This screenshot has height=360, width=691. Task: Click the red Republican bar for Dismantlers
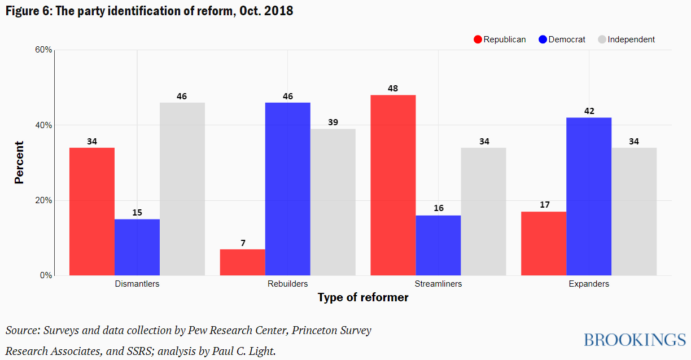(91, 212)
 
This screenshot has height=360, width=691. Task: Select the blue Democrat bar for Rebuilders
(287, 189)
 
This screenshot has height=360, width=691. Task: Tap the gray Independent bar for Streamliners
(483, 212)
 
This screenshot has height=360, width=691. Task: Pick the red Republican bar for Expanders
(544, 243)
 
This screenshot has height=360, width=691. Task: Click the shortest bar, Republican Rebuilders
(242, 262)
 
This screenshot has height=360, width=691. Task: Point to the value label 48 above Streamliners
(393, 89)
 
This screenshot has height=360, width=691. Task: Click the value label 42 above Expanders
(589, 111)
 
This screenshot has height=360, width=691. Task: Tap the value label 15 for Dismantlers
(137, 213)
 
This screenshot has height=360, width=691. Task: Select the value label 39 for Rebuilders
(333, 122)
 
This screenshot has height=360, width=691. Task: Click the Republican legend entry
(500, 39)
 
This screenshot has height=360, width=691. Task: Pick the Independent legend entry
(626, 39)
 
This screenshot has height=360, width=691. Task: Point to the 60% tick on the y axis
(44, 50)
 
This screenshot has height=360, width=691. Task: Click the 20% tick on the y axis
(44, 200)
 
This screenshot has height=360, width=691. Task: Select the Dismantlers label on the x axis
(137, 284)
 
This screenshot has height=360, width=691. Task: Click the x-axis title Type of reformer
(362, 297)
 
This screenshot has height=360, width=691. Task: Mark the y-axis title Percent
(19, 163)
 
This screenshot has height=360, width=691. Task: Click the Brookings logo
(635, 340)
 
